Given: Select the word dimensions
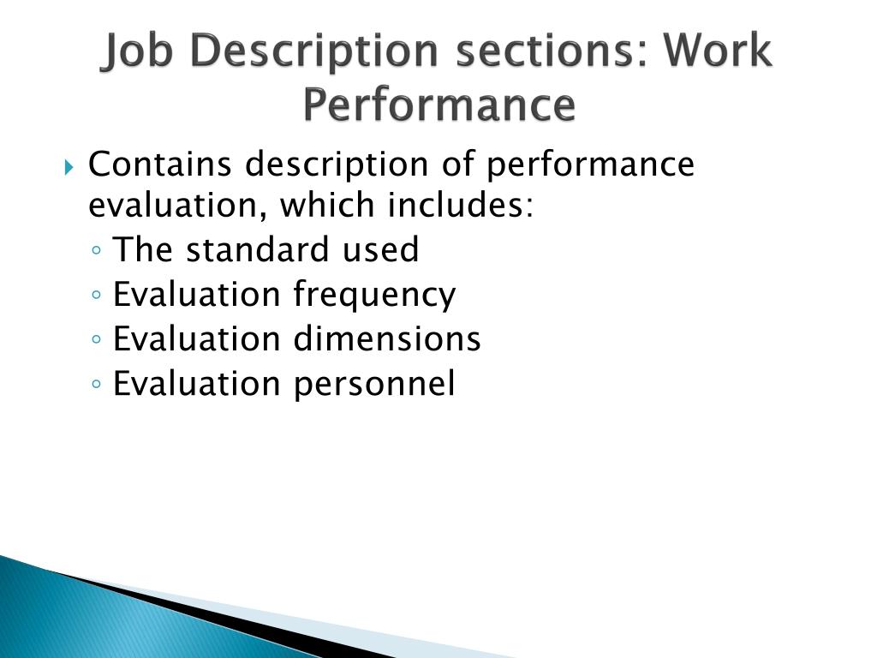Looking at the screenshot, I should click(387, 339).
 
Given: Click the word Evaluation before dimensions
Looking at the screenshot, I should click(197, 339).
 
